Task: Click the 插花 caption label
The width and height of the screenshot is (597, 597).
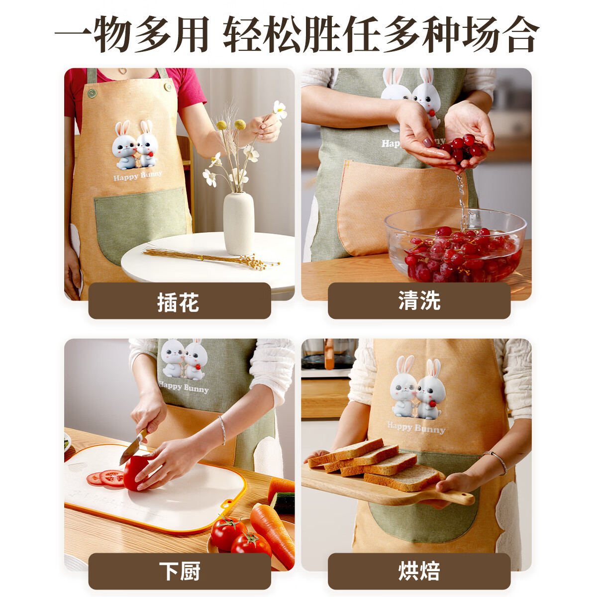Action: (x=179, y=301)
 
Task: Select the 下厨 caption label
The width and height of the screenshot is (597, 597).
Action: (x=179, y=571)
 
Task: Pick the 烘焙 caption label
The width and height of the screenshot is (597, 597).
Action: (x=419, y=571)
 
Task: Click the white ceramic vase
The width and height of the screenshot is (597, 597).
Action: (x=238, y=223)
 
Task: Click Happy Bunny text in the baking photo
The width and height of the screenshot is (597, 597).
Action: (x=416, y=427)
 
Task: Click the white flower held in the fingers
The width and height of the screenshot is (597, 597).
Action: (x=280, y=109)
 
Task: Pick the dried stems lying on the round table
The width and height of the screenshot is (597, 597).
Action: (x=209, y=258)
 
